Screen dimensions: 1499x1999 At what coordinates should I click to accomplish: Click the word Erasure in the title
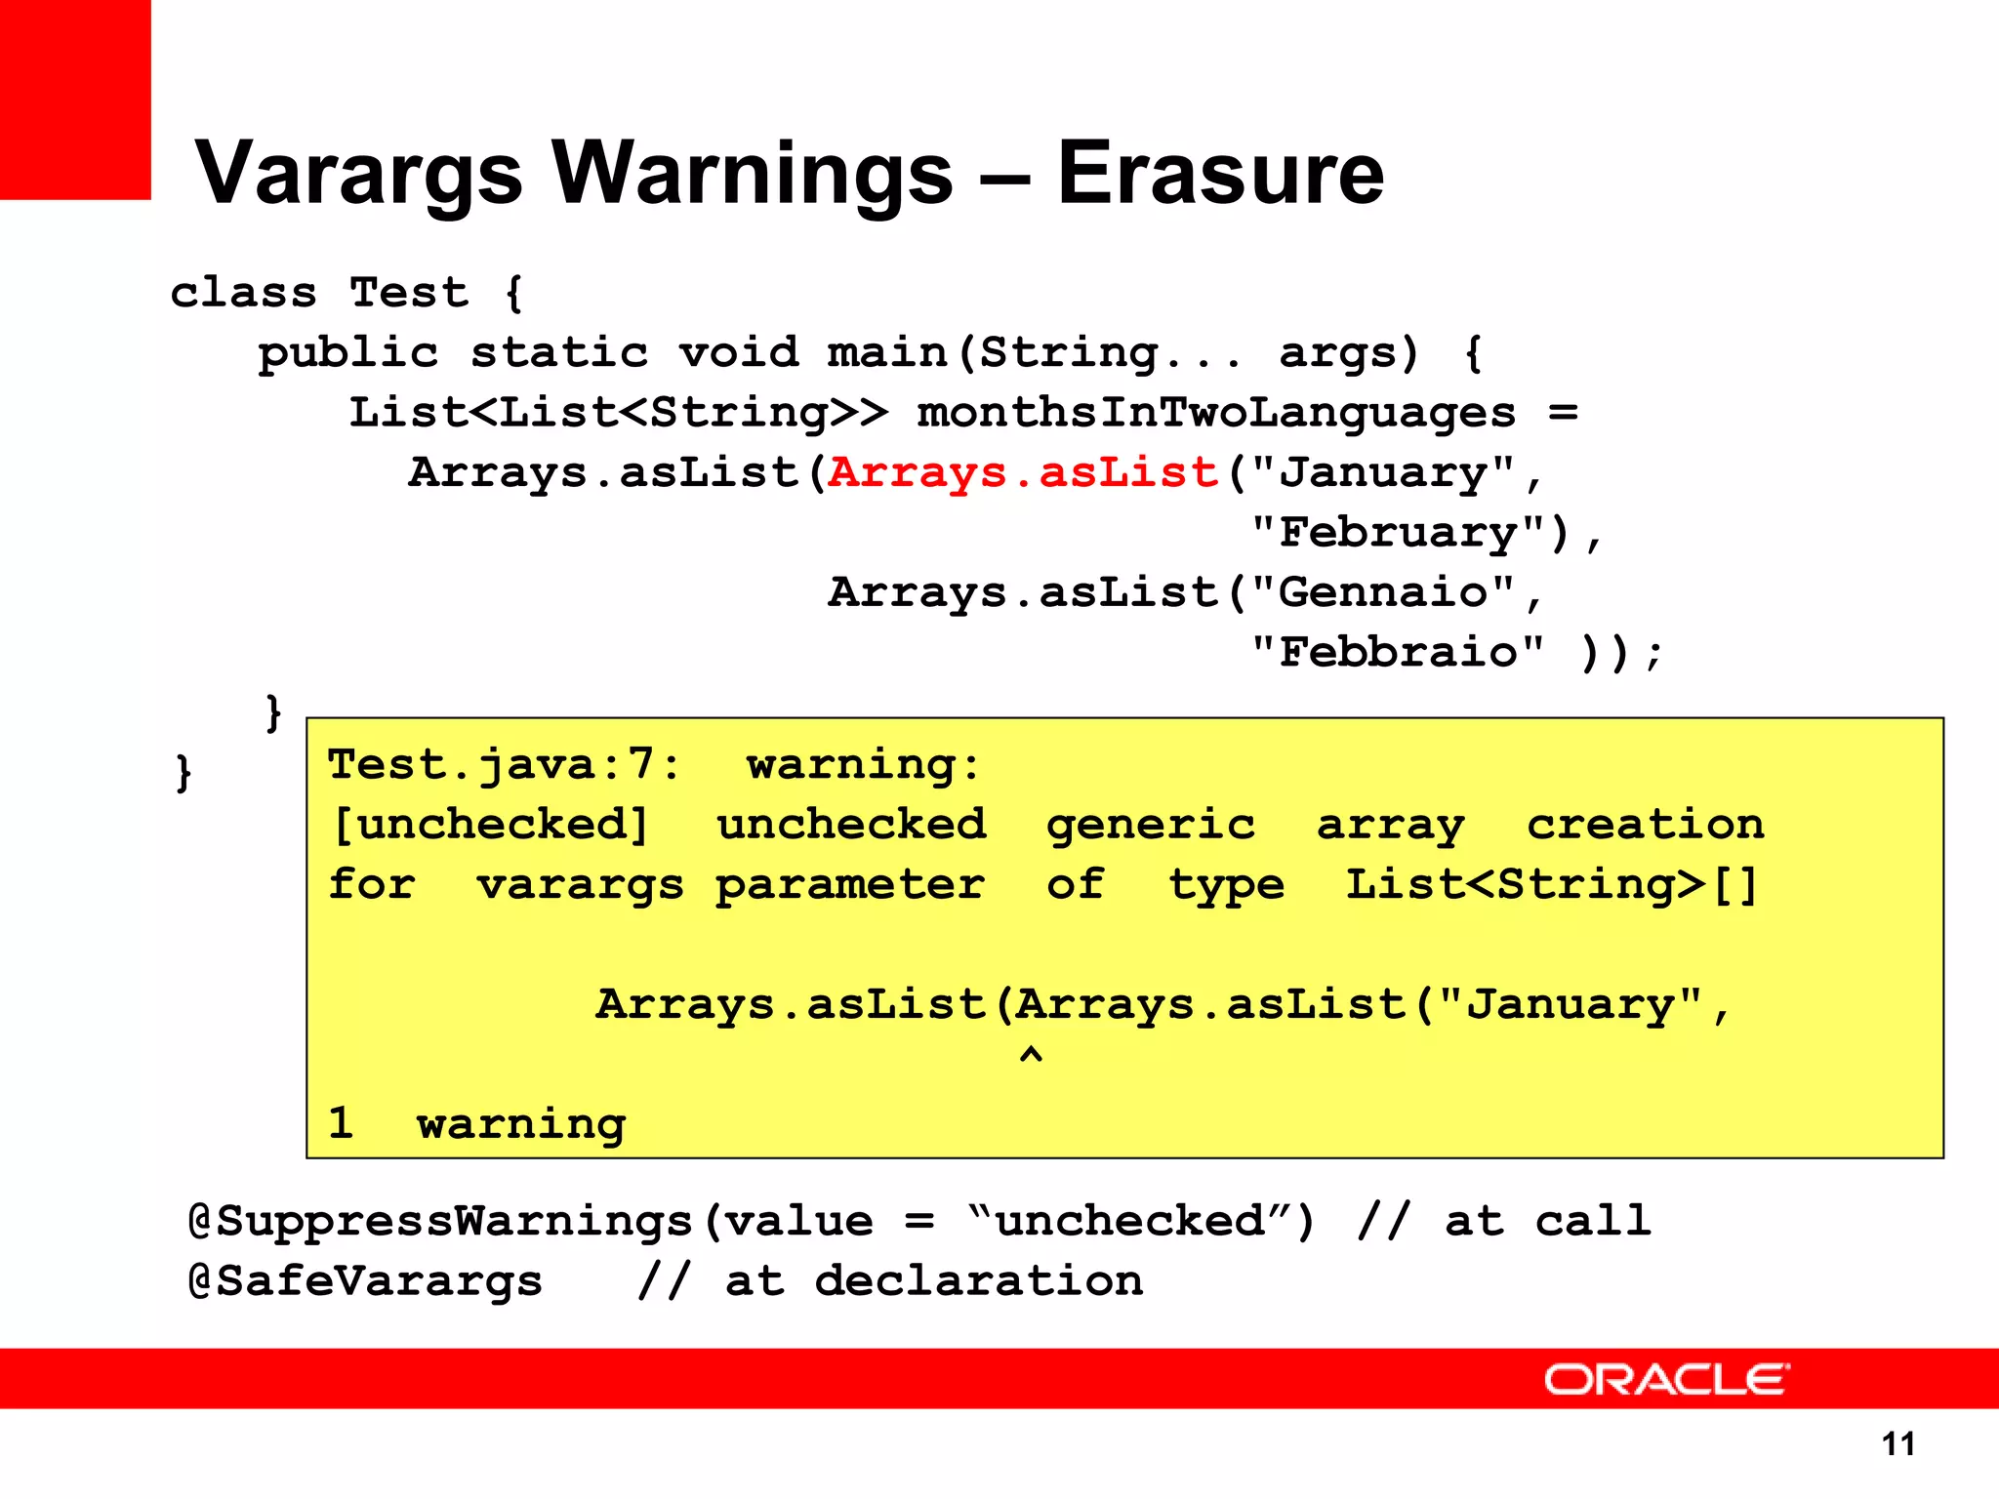point(1220,174)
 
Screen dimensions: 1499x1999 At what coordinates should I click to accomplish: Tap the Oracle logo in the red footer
point(1665,1379)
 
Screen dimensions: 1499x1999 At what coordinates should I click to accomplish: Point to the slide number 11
point(1897,1443)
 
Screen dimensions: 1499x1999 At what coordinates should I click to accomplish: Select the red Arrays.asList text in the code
point(1023,473)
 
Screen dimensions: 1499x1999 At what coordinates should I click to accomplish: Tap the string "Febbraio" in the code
point(1398,652)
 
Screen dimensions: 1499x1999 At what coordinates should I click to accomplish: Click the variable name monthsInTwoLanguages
point(1216,413)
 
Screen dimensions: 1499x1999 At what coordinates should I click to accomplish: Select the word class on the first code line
point(244,293)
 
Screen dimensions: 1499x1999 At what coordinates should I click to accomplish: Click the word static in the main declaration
point(559,352)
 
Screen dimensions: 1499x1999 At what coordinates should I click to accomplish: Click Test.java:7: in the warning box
point(503,764)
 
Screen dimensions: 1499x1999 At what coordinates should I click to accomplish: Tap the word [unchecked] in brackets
point(490,825)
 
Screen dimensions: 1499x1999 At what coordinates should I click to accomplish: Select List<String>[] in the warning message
point(1552,884)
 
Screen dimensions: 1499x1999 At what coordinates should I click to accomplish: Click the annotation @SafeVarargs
point(365,1281)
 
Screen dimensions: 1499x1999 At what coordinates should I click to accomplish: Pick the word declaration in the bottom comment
point(979,1281)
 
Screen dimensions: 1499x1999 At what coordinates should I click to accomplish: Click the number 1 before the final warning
point(340,1123)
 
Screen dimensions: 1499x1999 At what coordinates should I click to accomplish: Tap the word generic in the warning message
point(1151,826)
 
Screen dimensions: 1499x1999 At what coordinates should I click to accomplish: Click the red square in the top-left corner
point(75,99)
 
